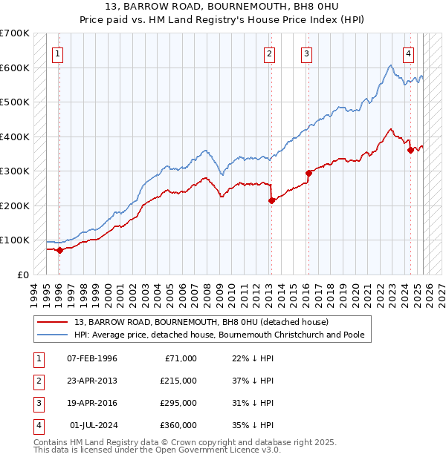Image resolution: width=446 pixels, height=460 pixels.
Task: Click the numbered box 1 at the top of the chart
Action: (x=58, y=53)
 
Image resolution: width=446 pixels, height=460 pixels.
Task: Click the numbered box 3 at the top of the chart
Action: (x=306, y=53)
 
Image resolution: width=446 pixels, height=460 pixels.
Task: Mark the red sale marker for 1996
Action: (x=59, y=250)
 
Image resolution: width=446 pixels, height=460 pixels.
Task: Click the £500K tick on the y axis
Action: (x=14, y=102)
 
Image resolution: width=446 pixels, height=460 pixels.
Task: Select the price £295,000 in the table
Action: (x=178, y=403)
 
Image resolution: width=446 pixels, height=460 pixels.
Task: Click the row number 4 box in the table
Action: (x=38, y=426)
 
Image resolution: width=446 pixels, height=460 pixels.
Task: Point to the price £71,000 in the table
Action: (x=181, y=358)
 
